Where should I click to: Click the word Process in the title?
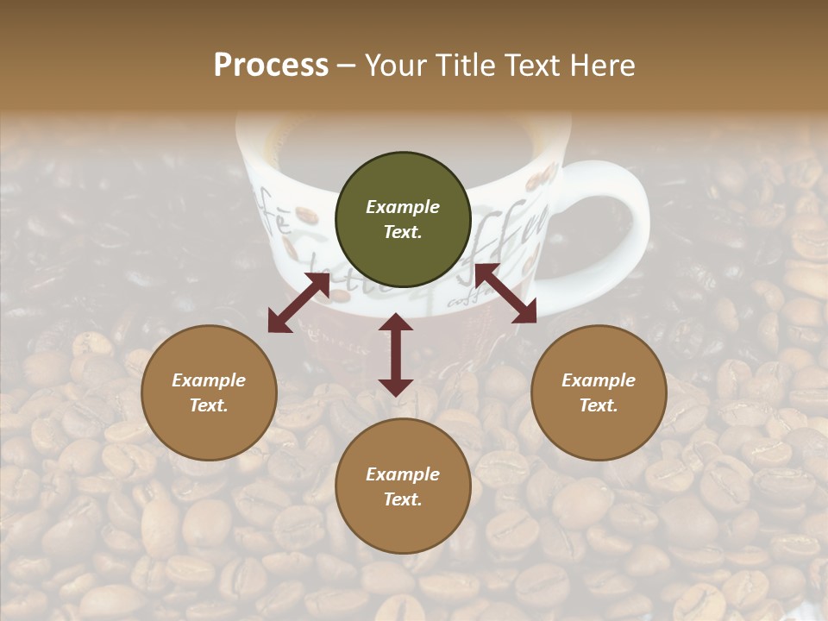(x=271, y=66)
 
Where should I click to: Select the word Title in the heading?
(x=467, y=66)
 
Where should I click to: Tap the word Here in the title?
(x=603, y=66)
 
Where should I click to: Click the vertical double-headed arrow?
(x=396, y=354)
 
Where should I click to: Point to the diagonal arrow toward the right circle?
(x=505, y=293)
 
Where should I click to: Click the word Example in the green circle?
(x=403, y=207)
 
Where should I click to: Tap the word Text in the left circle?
(x=209, y=405)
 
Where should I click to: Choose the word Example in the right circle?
(x=599, y=380)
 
